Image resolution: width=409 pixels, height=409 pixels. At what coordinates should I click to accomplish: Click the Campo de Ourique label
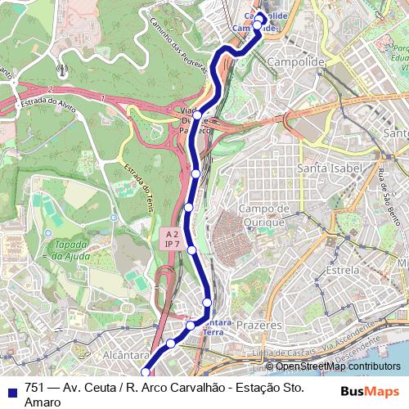(x=260, y=214)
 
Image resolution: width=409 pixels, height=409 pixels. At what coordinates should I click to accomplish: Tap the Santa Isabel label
(x=328, y=169)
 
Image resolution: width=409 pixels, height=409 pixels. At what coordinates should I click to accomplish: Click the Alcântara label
(x=123, y=357)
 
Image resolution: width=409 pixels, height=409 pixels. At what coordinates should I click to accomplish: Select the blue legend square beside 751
(x=13, y=388)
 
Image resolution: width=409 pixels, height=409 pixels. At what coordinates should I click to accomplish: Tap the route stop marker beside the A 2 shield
(x=191, y=249)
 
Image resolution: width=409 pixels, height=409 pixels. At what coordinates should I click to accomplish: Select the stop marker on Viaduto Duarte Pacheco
(x=198, y=115)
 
